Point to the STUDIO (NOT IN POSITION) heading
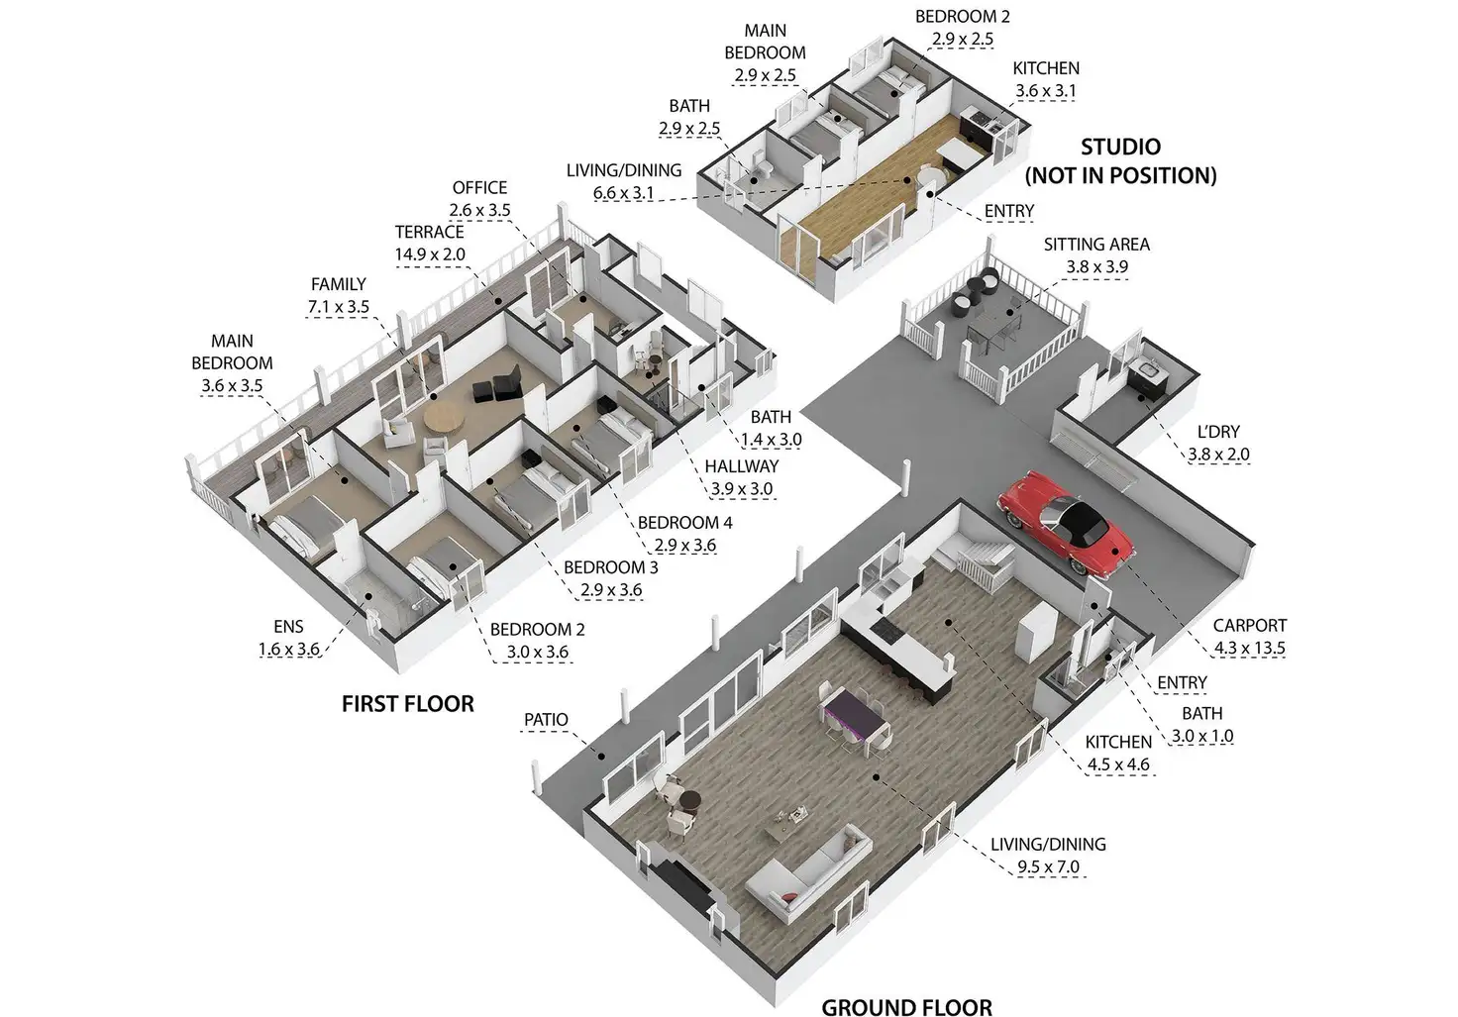pyautogui.click(x=1120, y=161)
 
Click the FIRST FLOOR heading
pyautogui.click(x=407, y=703)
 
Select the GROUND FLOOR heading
pyautogui.click(x=906, y=1007)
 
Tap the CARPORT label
pyautogui.click(x=1249, y=625)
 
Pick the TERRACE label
pyautogui.click(x=429, y=232)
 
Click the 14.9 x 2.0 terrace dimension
pyautogui.click(x=429, y=254)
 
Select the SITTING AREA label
pyautogui.click(x=1095, y=244)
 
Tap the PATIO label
pyautogui.click(x=546, y=719)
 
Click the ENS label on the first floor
pyautogui.click(x=288, y=626)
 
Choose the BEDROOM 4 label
pyautogui.click(x=684, y=522)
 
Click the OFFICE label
pyautogui.click(x=479, y=187)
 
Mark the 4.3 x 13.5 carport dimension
pyautogui.click(x=1249, y=649)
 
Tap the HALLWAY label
pyautogui.click(x=741, y=465)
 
